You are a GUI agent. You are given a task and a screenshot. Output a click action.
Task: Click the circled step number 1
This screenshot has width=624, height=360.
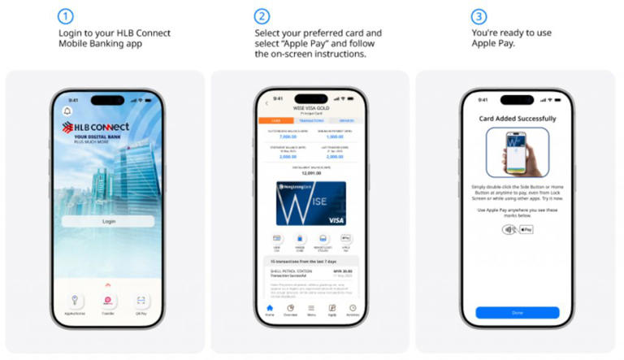(x=66, y=15)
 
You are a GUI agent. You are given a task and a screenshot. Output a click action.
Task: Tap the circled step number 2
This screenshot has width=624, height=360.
(x=262, y=15)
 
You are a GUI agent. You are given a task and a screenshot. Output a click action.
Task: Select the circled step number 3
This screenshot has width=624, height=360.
(x=479, y=15)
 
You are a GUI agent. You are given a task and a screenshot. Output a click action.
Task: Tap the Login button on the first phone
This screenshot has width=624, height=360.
(x=108, y=221)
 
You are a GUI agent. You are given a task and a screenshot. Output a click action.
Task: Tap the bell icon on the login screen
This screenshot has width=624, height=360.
(x=67, y=111)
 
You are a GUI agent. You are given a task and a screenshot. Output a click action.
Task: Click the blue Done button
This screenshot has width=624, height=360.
(x=517, y=312)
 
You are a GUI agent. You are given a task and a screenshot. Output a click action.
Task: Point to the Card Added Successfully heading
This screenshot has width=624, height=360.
(x=517, y=118)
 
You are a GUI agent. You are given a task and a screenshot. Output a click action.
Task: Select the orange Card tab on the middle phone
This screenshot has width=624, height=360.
(x=275, y=120)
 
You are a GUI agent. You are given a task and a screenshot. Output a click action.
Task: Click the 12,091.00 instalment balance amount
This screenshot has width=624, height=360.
(x=310, y=173)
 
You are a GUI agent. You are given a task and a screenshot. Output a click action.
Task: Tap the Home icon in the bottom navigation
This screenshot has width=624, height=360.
(x=270, y=309)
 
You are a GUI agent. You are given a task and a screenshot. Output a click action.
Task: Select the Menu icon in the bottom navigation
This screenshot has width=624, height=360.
(x=311, y=309)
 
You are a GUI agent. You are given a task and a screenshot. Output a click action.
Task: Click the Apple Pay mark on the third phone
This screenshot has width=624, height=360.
(x=526, y=230)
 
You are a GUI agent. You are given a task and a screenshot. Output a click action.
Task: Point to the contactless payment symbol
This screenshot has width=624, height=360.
(x=508, y=230)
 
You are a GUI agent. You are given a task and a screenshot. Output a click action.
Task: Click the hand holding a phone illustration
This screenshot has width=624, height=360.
(x=517, y=153)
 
